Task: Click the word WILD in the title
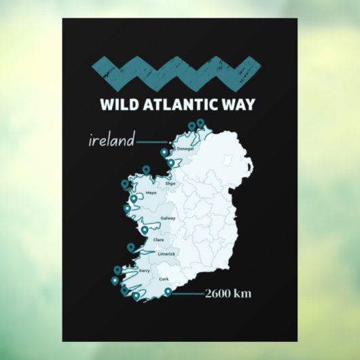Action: pos(118,105)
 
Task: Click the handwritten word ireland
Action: pos(110,141)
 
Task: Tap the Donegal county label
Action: pos(185,148)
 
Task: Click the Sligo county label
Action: pos(170,183)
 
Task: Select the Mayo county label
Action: pos(151,193)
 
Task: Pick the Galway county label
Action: pos(168,218)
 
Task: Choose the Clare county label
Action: pos(159,239)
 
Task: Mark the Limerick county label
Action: pos(166,254)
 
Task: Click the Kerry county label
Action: pos(144,270)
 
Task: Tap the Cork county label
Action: pos(164,279)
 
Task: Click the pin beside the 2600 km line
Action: pos(168,291)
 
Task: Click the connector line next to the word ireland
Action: pos(151,142)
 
